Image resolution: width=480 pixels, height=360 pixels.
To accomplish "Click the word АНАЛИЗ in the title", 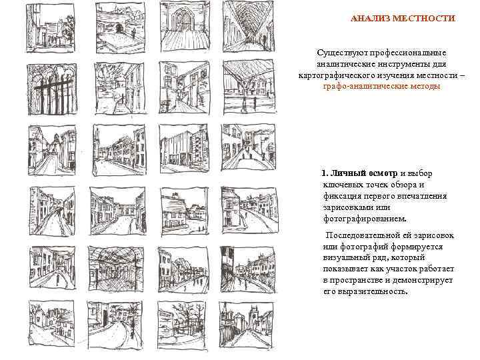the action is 370,19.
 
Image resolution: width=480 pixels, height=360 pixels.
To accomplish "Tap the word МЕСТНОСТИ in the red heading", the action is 424,19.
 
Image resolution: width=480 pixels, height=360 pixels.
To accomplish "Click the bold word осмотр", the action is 383,173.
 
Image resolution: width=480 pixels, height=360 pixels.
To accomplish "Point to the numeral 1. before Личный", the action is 325,173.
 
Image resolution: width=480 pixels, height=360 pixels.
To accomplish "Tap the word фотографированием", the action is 365,219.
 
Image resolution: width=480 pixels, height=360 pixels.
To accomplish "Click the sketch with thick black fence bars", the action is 51,89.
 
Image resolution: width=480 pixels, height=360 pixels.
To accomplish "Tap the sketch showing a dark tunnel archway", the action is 120,28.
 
